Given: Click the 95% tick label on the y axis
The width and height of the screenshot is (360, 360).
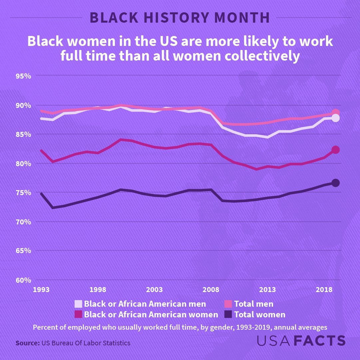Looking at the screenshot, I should pos(23,76).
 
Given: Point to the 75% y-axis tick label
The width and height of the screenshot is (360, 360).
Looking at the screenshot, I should pos(23,192).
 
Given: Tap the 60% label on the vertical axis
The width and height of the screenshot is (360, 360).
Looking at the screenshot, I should pos(23,280).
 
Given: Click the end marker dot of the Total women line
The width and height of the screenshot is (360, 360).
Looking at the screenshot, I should pos(335,183).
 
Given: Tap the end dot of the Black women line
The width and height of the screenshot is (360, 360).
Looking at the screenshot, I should pos(335,150).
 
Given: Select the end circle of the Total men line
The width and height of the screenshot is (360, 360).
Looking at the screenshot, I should pos(335,113).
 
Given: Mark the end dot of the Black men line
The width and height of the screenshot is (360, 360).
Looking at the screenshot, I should pos(335,118).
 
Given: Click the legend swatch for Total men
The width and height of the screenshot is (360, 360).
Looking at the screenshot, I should pos(228,304).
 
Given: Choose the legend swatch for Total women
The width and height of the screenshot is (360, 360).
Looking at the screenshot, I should pos(228,314).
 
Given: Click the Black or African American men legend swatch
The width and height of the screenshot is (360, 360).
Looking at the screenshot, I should pos(78,304).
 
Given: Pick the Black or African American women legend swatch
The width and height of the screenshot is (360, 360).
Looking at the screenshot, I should pos(78,314).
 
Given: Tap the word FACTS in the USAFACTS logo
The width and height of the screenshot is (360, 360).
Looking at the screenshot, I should pos(320,341).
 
